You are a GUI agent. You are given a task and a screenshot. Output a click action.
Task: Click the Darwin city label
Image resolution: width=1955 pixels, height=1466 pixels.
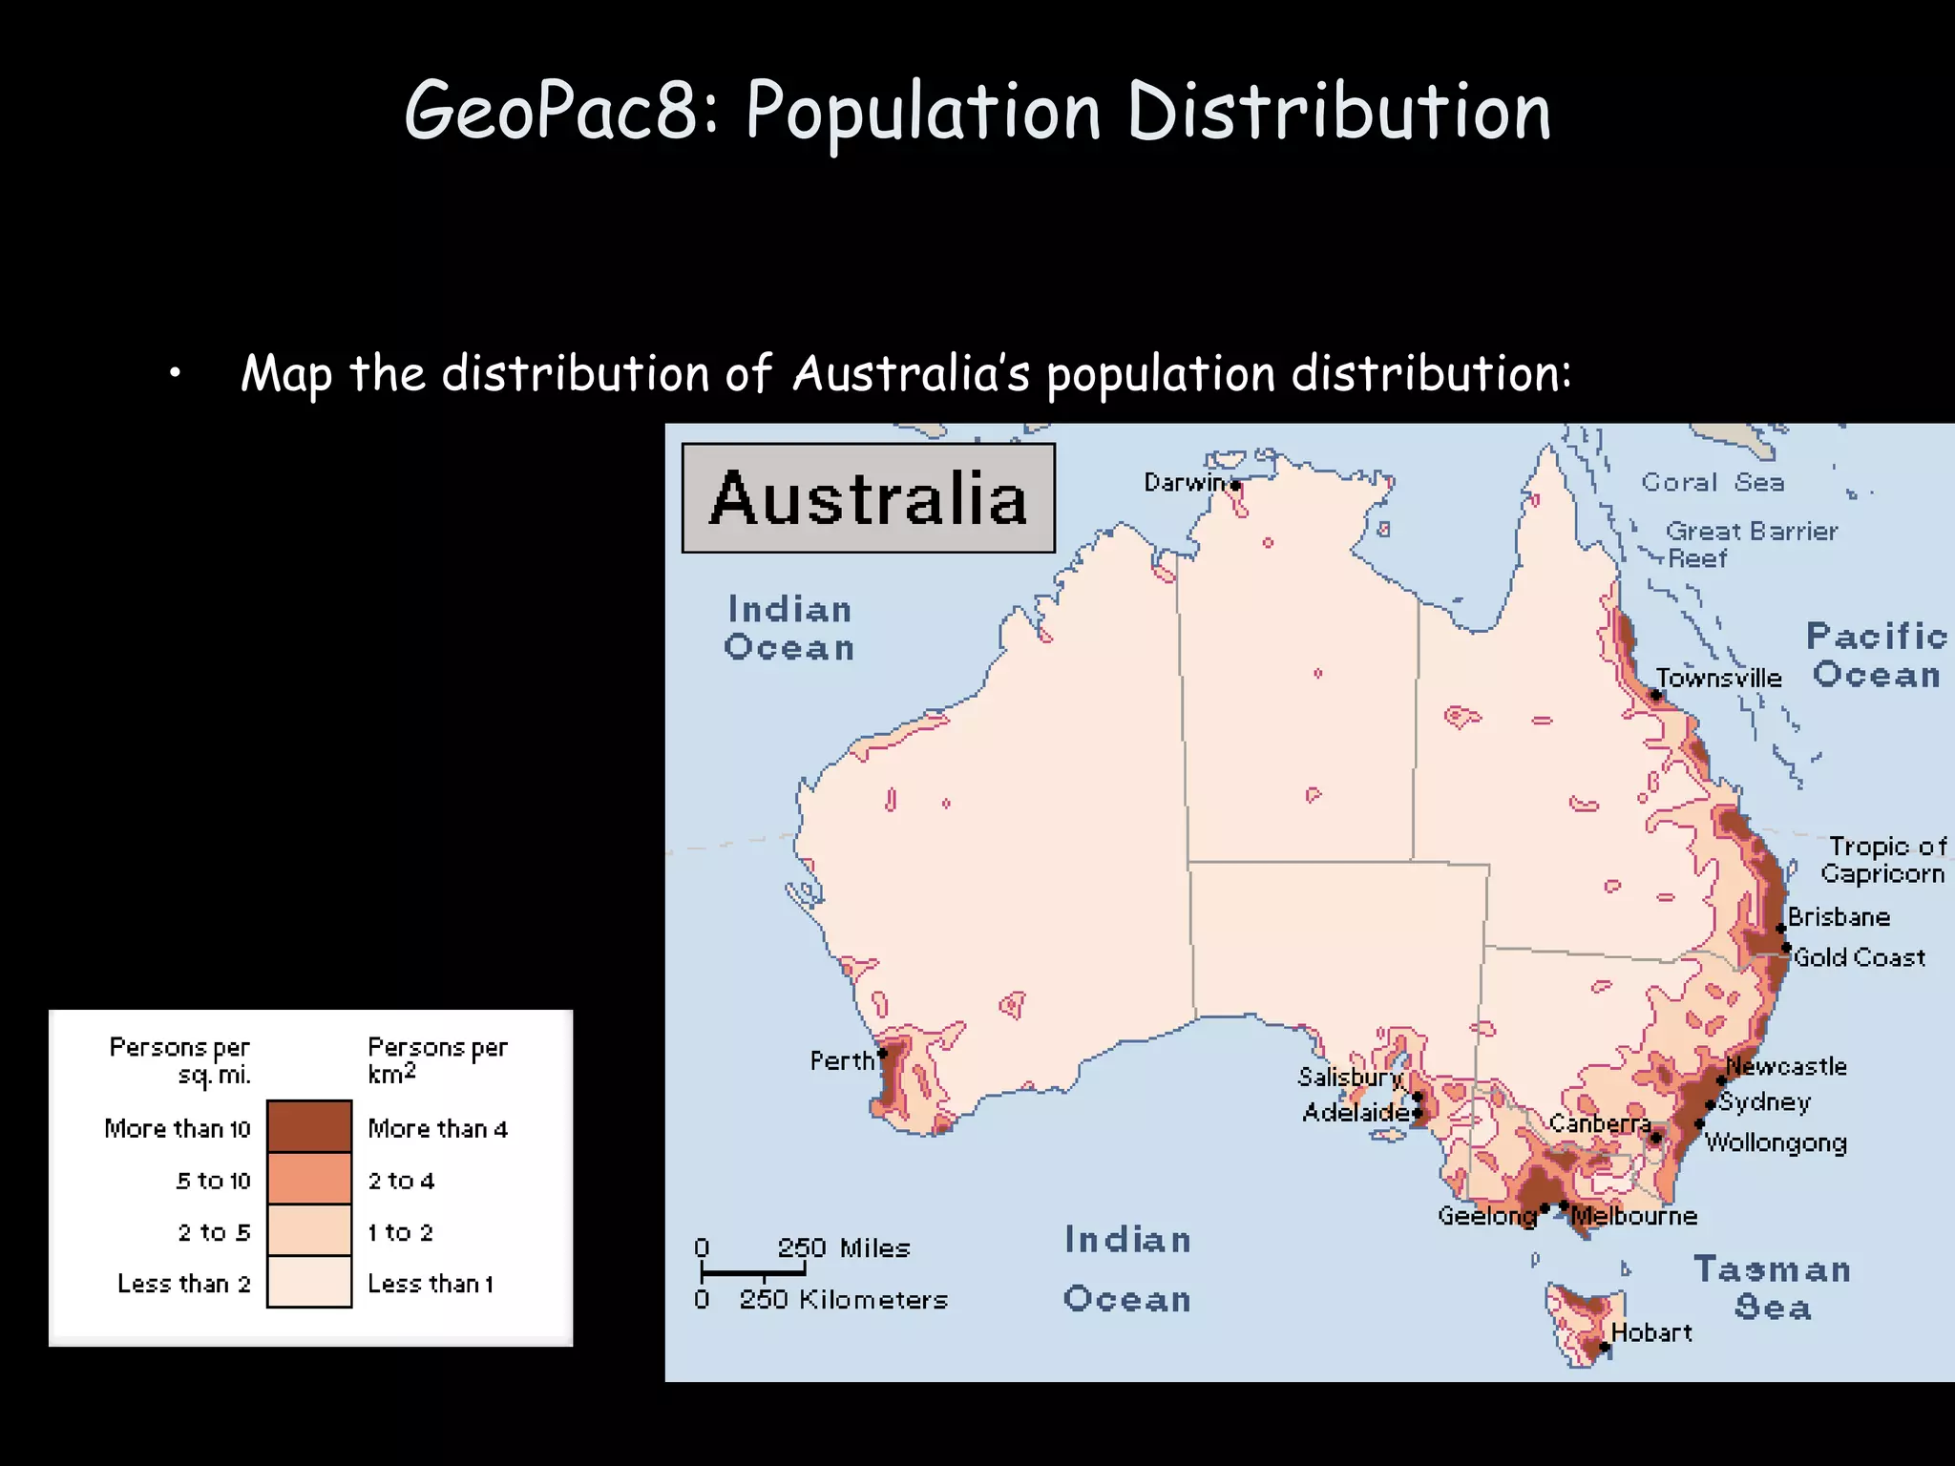click(1183, 483)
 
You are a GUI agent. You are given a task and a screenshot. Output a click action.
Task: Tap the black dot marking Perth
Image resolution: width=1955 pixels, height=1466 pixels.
click(883, 1054)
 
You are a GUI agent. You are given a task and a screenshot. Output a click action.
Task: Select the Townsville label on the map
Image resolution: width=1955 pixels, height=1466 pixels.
click(1718, 679)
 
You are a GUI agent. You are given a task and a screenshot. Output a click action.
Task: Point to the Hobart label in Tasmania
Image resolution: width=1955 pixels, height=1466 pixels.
click(1650, 1332)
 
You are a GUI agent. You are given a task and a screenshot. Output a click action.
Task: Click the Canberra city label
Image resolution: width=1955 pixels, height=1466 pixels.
click(1599, 1123)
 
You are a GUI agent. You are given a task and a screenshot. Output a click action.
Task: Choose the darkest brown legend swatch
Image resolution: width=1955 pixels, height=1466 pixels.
click(309, 1126)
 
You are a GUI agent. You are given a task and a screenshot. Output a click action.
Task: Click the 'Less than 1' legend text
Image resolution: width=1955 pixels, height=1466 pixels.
click(431, 1284)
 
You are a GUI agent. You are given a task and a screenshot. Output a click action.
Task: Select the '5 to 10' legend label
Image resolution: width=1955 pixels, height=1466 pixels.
click(213, 1181)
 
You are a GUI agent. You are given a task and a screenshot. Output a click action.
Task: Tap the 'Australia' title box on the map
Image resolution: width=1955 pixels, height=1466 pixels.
click(868, 498)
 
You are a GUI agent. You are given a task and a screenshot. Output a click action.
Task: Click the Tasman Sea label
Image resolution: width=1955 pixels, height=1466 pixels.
click(1773, 1288)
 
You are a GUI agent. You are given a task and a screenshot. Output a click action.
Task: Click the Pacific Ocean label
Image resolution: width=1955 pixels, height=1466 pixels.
click(1876, 656)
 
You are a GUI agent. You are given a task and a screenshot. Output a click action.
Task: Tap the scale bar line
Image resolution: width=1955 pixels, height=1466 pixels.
click(753, 1272)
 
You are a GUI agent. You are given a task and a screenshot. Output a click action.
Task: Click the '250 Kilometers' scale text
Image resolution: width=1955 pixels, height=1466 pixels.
click(843, 1300)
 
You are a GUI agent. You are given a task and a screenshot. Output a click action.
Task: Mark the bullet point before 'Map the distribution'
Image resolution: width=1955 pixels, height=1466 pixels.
click(175, 375)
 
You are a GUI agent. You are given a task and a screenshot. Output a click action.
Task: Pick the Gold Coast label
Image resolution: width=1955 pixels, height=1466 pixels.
click(1859, 957)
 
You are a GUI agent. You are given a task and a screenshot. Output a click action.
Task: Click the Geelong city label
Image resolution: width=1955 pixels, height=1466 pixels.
click(1486, 1216)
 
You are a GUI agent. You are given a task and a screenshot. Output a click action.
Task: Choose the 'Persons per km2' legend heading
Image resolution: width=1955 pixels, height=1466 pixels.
click(437, 1059)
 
